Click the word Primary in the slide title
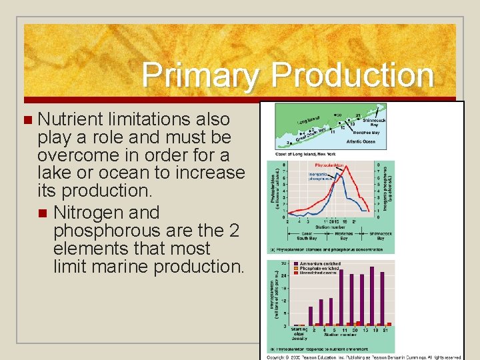(x=197, y=75)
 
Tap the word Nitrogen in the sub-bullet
(x=106, y=213)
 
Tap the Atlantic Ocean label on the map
(x=361, y=141)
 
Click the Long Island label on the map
(x=309, y=121)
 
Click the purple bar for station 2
(x=311, y=316)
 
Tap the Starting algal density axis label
(x=299, y=333)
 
